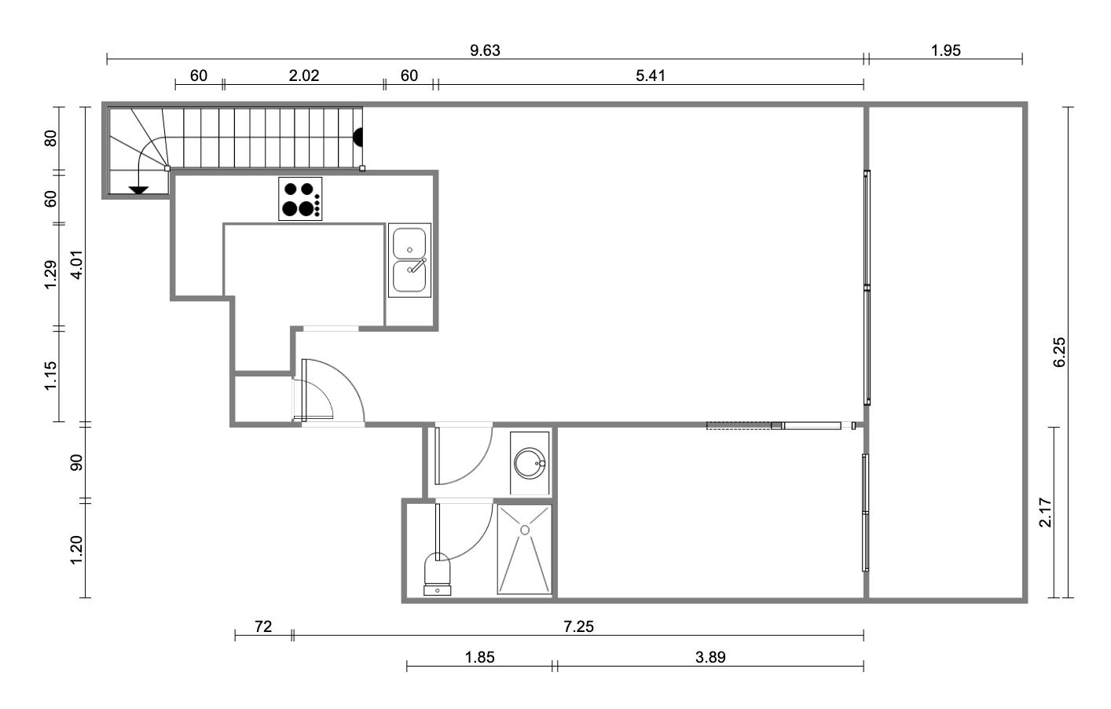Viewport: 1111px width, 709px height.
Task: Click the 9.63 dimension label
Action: pyautogui.click(x=485, y=50)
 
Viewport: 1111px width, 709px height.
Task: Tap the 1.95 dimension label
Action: pyautogui.click(x=945, y=50)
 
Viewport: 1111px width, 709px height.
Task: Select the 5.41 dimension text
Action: pyautogui.click(x=650, y=76)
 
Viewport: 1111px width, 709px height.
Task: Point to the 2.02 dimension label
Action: pyautogui.click(x=303, y=76)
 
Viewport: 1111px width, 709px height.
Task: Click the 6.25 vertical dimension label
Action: pyautogui.click(x=1059, y=352)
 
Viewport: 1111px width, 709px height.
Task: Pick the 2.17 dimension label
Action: pyautogui.click(x=1046, y=512)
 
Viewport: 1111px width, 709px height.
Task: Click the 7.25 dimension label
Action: pyautogui.click(x=578, y=626)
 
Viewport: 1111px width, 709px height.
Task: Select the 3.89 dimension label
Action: pyautogui.click(x=710, y=657)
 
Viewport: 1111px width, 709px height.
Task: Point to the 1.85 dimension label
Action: pyautogui.click(x=479, y=657)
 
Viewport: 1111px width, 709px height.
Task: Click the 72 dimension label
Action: pyautogui.click(x=263, y=626)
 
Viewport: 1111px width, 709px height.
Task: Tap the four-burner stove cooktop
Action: pyautogui.click(x=300, y=198)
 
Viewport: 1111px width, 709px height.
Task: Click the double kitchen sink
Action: pyautogui.click(x=409, y=260)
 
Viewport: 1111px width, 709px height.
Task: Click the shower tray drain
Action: pyautogui.click(x=525, y=530)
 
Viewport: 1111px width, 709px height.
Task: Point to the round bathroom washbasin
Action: pyautogui.click(x=530, y=463)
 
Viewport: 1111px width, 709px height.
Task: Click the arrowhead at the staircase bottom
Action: pyautogui.click(x=138, y=190)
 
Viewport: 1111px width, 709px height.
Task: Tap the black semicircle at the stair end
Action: pyautogui.click(x=358, y=138)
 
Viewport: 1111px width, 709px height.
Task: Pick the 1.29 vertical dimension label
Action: pyautogui.click(x=50, y=274)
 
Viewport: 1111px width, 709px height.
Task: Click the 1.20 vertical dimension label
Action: pyautogui.click(x=76, y=549)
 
